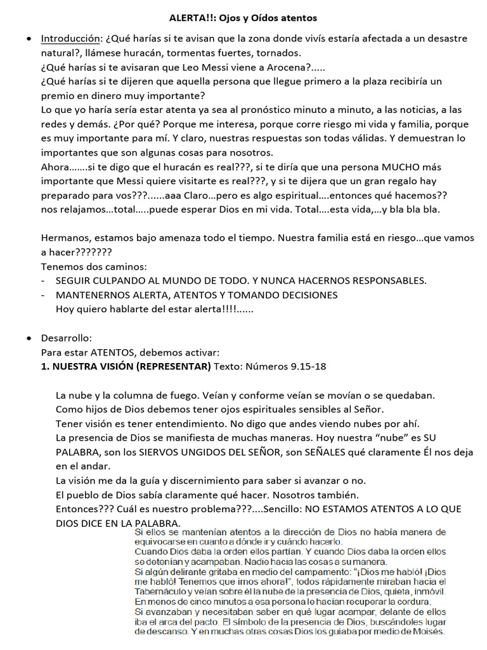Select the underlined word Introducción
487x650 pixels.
(70, 39)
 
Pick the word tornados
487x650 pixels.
(280, 53)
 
